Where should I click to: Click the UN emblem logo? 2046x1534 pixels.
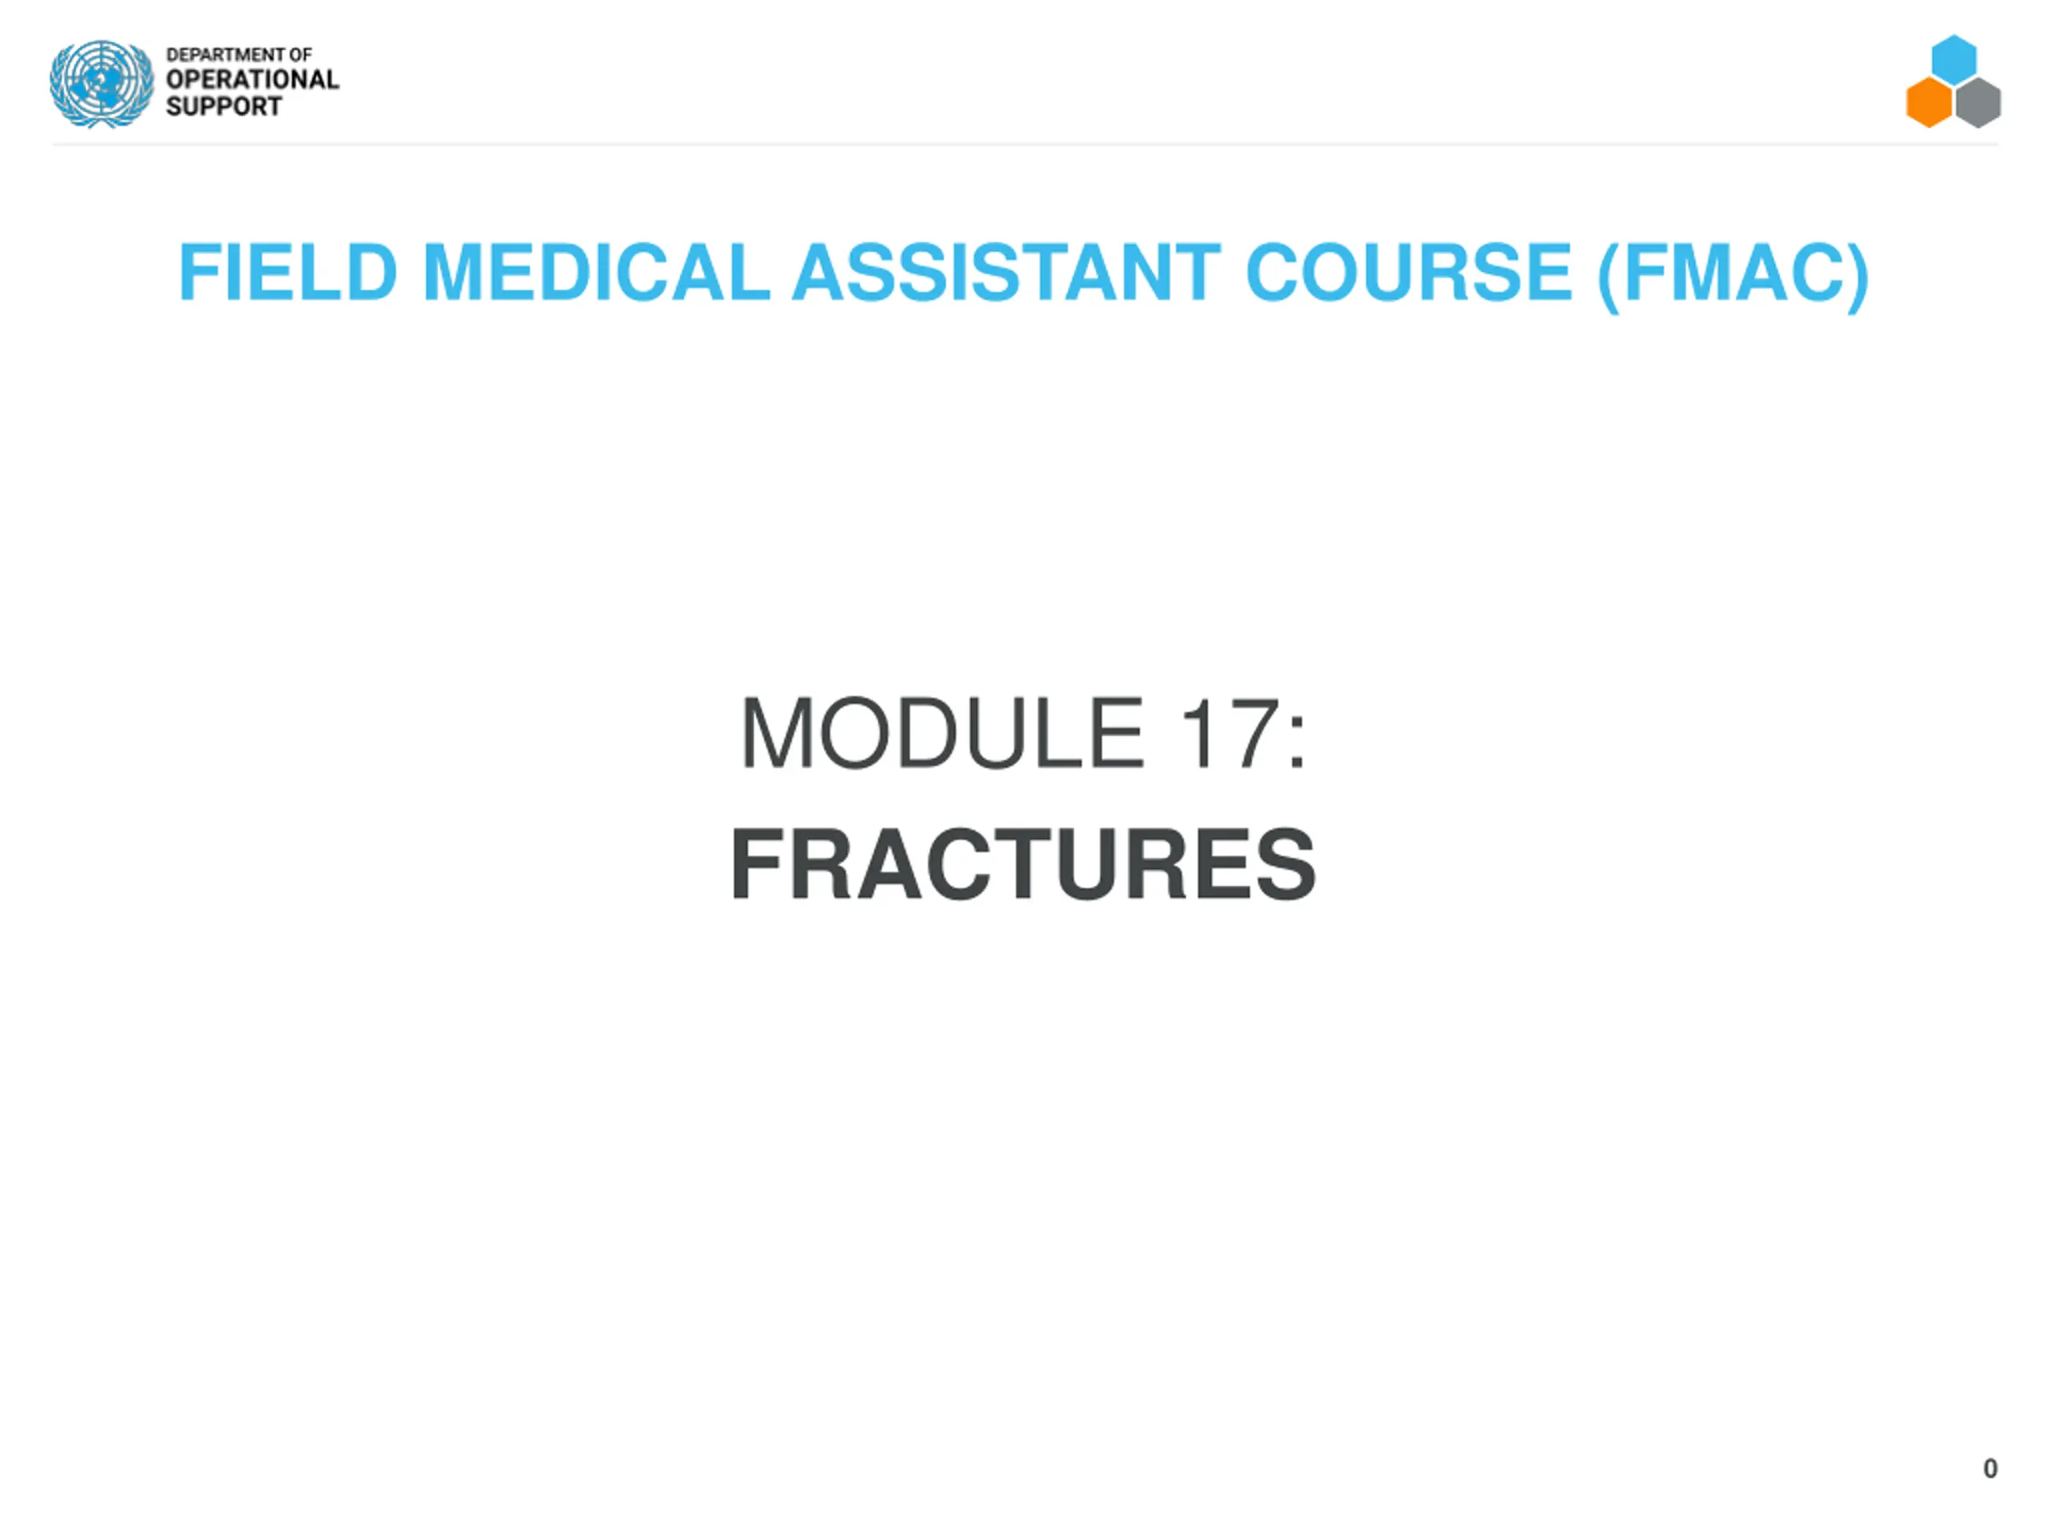pos(102,83)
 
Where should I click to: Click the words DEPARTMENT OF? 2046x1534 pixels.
pos(239,54)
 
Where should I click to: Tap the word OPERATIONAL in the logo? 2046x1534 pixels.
pos(253,80)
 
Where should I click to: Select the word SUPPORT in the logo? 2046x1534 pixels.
pos(224,106)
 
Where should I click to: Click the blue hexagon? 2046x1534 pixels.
pos(1953,59)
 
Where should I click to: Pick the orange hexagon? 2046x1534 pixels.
pos(1929,102)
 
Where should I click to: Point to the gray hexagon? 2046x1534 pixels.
pos(1979,102)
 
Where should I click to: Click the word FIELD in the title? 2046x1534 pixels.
pos(288,272)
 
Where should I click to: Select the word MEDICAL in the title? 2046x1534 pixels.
pos(596,272)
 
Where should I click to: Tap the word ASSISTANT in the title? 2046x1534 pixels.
pos(1006,272)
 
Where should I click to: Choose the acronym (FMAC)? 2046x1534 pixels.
pos(1734,275)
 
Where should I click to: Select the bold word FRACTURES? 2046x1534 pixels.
pos(1023,864)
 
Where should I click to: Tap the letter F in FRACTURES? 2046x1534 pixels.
pos(760,864)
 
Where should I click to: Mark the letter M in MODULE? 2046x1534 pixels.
pos(777,733)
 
